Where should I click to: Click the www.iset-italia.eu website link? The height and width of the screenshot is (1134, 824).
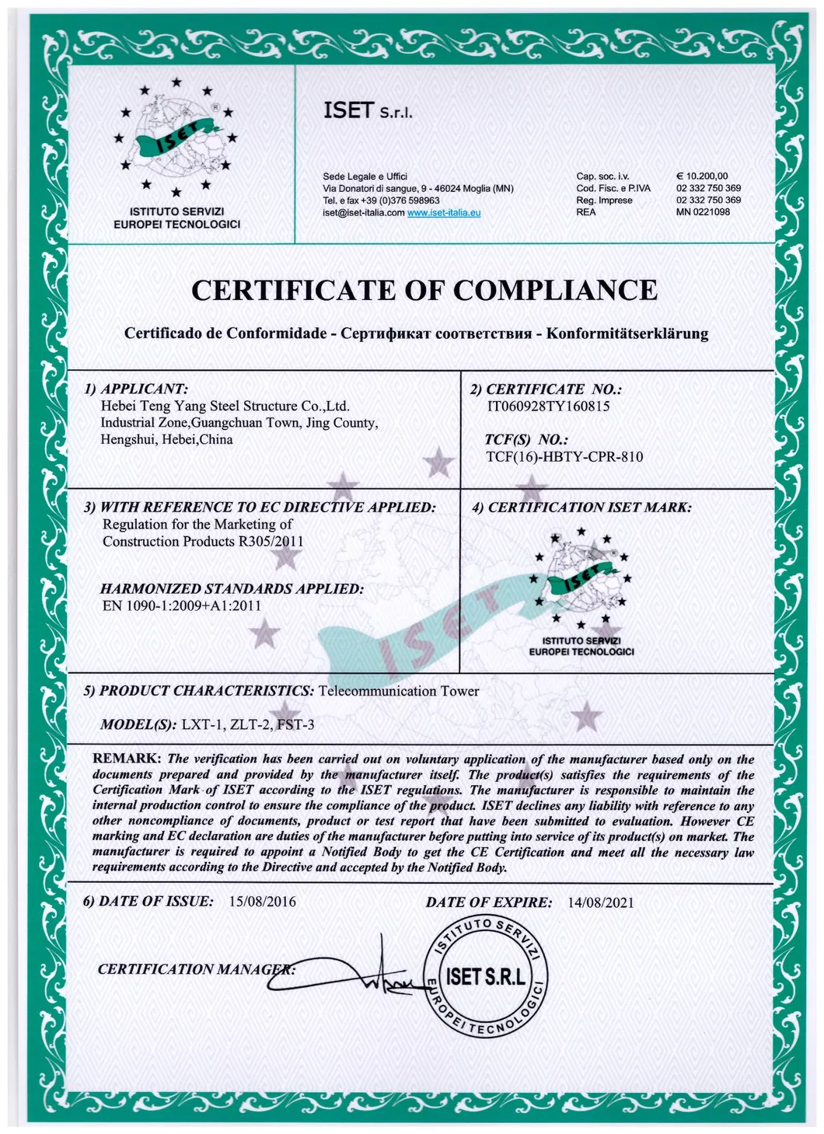[444, 212]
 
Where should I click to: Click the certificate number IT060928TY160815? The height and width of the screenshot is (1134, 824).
[548, 406]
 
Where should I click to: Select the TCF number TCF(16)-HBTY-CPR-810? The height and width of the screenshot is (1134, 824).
[564, 456]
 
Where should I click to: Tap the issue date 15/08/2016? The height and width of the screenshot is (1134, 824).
[263, 902]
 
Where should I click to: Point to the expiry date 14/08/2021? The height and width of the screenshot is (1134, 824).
[601, 902]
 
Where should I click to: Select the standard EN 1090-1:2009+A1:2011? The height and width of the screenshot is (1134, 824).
[182, 605]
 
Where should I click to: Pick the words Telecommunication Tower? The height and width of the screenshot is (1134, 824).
[399, 691]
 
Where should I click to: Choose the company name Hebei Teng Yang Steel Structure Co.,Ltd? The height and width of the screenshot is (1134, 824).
[225, 406]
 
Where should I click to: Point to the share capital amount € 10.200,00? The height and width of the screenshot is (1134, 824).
[703, 176]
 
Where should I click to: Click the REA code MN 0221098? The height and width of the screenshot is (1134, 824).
[703, 211]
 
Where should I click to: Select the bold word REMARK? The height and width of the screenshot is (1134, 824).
[127, 759]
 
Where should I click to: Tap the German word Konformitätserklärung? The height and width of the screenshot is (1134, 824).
[627, 333]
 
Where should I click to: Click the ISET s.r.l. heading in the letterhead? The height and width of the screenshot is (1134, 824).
[368, 112]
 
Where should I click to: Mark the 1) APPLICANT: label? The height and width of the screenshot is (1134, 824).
[136, 389]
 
